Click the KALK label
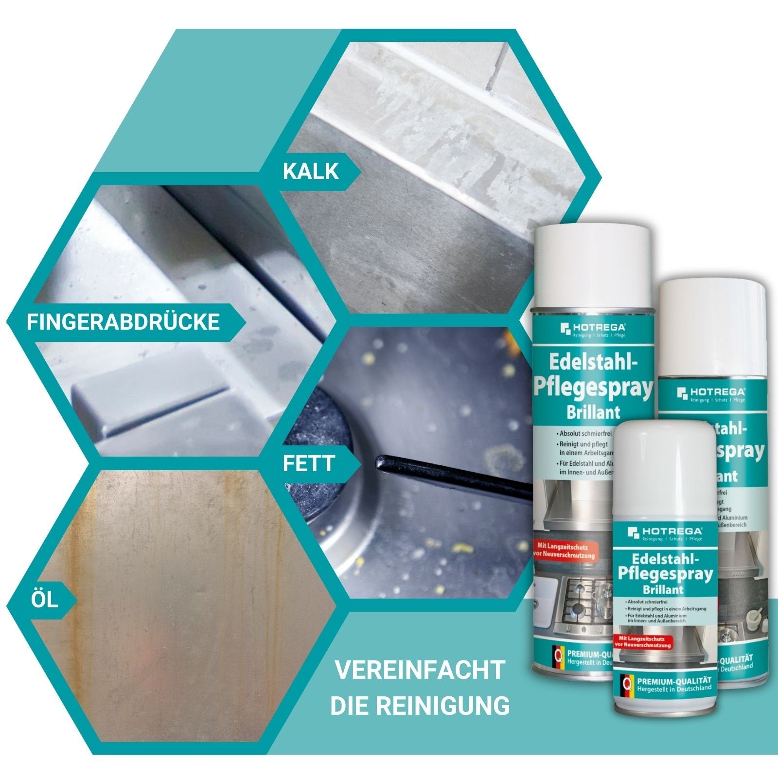(x=311, y=171)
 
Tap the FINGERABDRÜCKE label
(x=123, y=322)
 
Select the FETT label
(x=309, y=463)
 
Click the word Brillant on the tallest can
(x=593, y=412)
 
